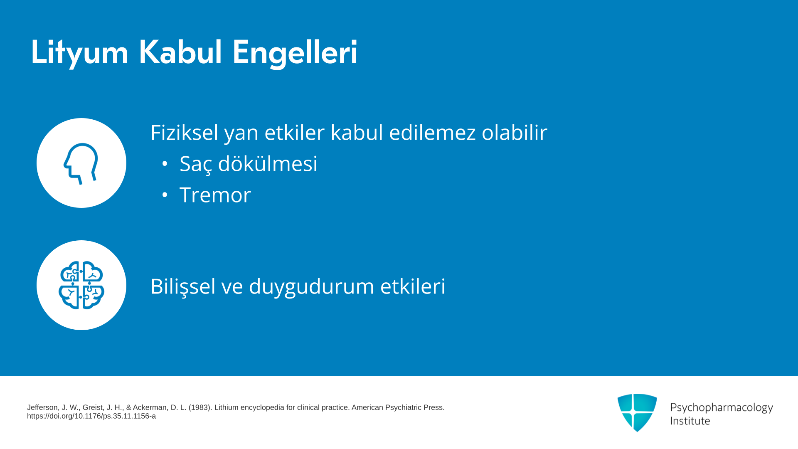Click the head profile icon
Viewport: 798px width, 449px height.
(x=81, y=163)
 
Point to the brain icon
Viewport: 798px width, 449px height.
(x=81, y=285)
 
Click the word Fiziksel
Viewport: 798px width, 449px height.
(x=185, y=132)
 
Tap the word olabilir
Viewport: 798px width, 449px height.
(x=515, y=132)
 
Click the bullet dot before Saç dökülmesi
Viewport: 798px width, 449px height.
(x=165, y=164)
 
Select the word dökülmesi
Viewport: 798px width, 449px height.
(x=268, y=163)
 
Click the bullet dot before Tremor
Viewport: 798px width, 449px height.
(x=165, y=195)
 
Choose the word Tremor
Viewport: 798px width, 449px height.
(x=215, y=195)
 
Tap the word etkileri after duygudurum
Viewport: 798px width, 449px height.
(x=413, y=286)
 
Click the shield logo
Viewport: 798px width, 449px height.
(x=637, y=412)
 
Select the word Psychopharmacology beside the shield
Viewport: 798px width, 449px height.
(x=722, y=408)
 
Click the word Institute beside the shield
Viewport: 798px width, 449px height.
(x=690, y=421)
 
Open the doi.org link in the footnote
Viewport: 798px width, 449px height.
(x=91, y=416)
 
